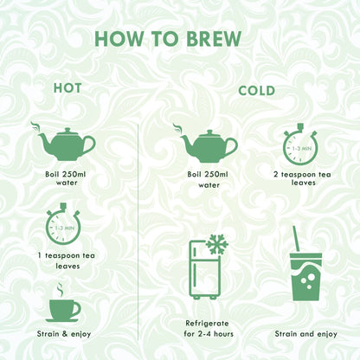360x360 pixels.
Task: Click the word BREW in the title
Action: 214,39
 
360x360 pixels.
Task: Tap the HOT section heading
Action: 67,88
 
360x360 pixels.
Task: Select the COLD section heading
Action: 256,91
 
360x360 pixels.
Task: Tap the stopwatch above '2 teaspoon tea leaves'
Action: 300,145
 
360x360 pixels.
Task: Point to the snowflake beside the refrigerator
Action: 217,245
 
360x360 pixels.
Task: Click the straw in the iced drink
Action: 296,239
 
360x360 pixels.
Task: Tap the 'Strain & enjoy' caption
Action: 64,334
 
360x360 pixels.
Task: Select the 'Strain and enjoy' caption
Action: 305,334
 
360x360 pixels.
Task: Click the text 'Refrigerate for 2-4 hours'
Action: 209,329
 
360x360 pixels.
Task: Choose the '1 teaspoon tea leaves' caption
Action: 67,260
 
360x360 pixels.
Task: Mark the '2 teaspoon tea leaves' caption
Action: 302,178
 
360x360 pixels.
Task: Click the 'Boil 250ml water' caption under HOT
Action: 66,178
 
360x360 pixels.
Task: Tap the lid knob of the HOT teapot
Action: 67,130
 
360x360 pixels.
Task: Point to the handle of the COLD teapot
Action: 232,146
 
